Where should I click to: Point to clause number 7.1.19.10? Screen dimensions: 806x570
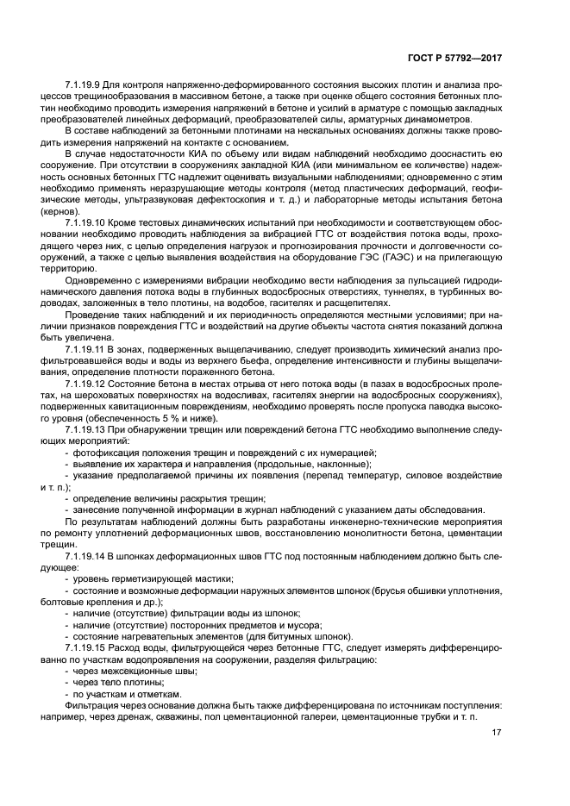point(86,223)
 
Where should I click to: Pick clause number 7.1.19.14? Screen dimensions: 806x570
point(86,556)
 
